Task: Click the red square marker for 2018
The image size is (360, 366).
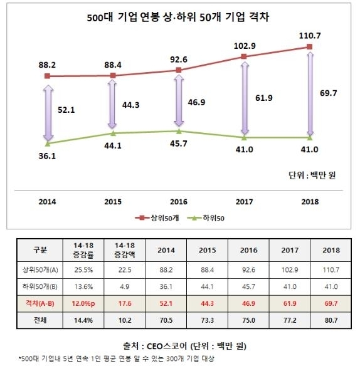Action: tap(310, 47)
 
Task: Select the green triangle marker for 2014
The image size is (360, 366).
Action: tap(48, 144)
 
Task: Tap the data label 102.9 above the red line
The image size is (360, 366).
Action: tap(245, 46)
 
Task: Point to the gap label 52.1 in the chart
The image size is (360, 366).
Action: tap(66, 110)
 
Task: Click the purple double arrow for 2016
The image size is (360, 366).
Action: tap(179, 101)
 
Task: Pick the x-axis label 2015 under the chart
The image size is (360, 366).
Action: tap(113, 202)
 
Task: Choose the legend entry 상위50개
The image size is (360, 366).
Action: tap(157, 218)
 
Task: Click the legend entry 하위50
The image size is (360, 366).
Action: tap(206, 218)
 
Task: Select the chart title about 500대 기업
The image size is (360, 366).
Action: tap(178, 18)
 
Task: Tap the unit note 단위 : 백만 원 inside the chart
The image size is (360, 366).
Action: tap(312, 175)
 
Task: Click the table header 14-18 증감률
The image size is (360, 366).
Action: tap(83, 250)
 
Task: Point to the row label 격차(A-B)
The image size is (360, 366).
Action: tap(40, 303)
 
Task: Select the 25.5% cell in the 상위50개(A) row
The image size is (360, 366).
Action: tap(83, 270)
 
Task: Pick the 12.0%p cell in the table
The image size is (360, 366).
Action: tap(83, 303)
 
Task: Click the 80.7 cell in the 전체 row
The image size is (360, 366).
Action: tap(331, 320)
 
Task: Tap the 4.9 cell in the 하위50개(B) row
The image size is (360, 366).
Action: tap(125, 286)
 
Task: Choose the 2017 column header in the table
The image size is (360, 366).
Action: tap(290, 250)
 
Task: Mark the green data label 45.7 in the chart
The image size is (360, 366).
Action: tap(179, 144)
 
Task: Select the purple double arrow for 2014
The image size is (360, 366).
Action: tap(48, 113)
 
